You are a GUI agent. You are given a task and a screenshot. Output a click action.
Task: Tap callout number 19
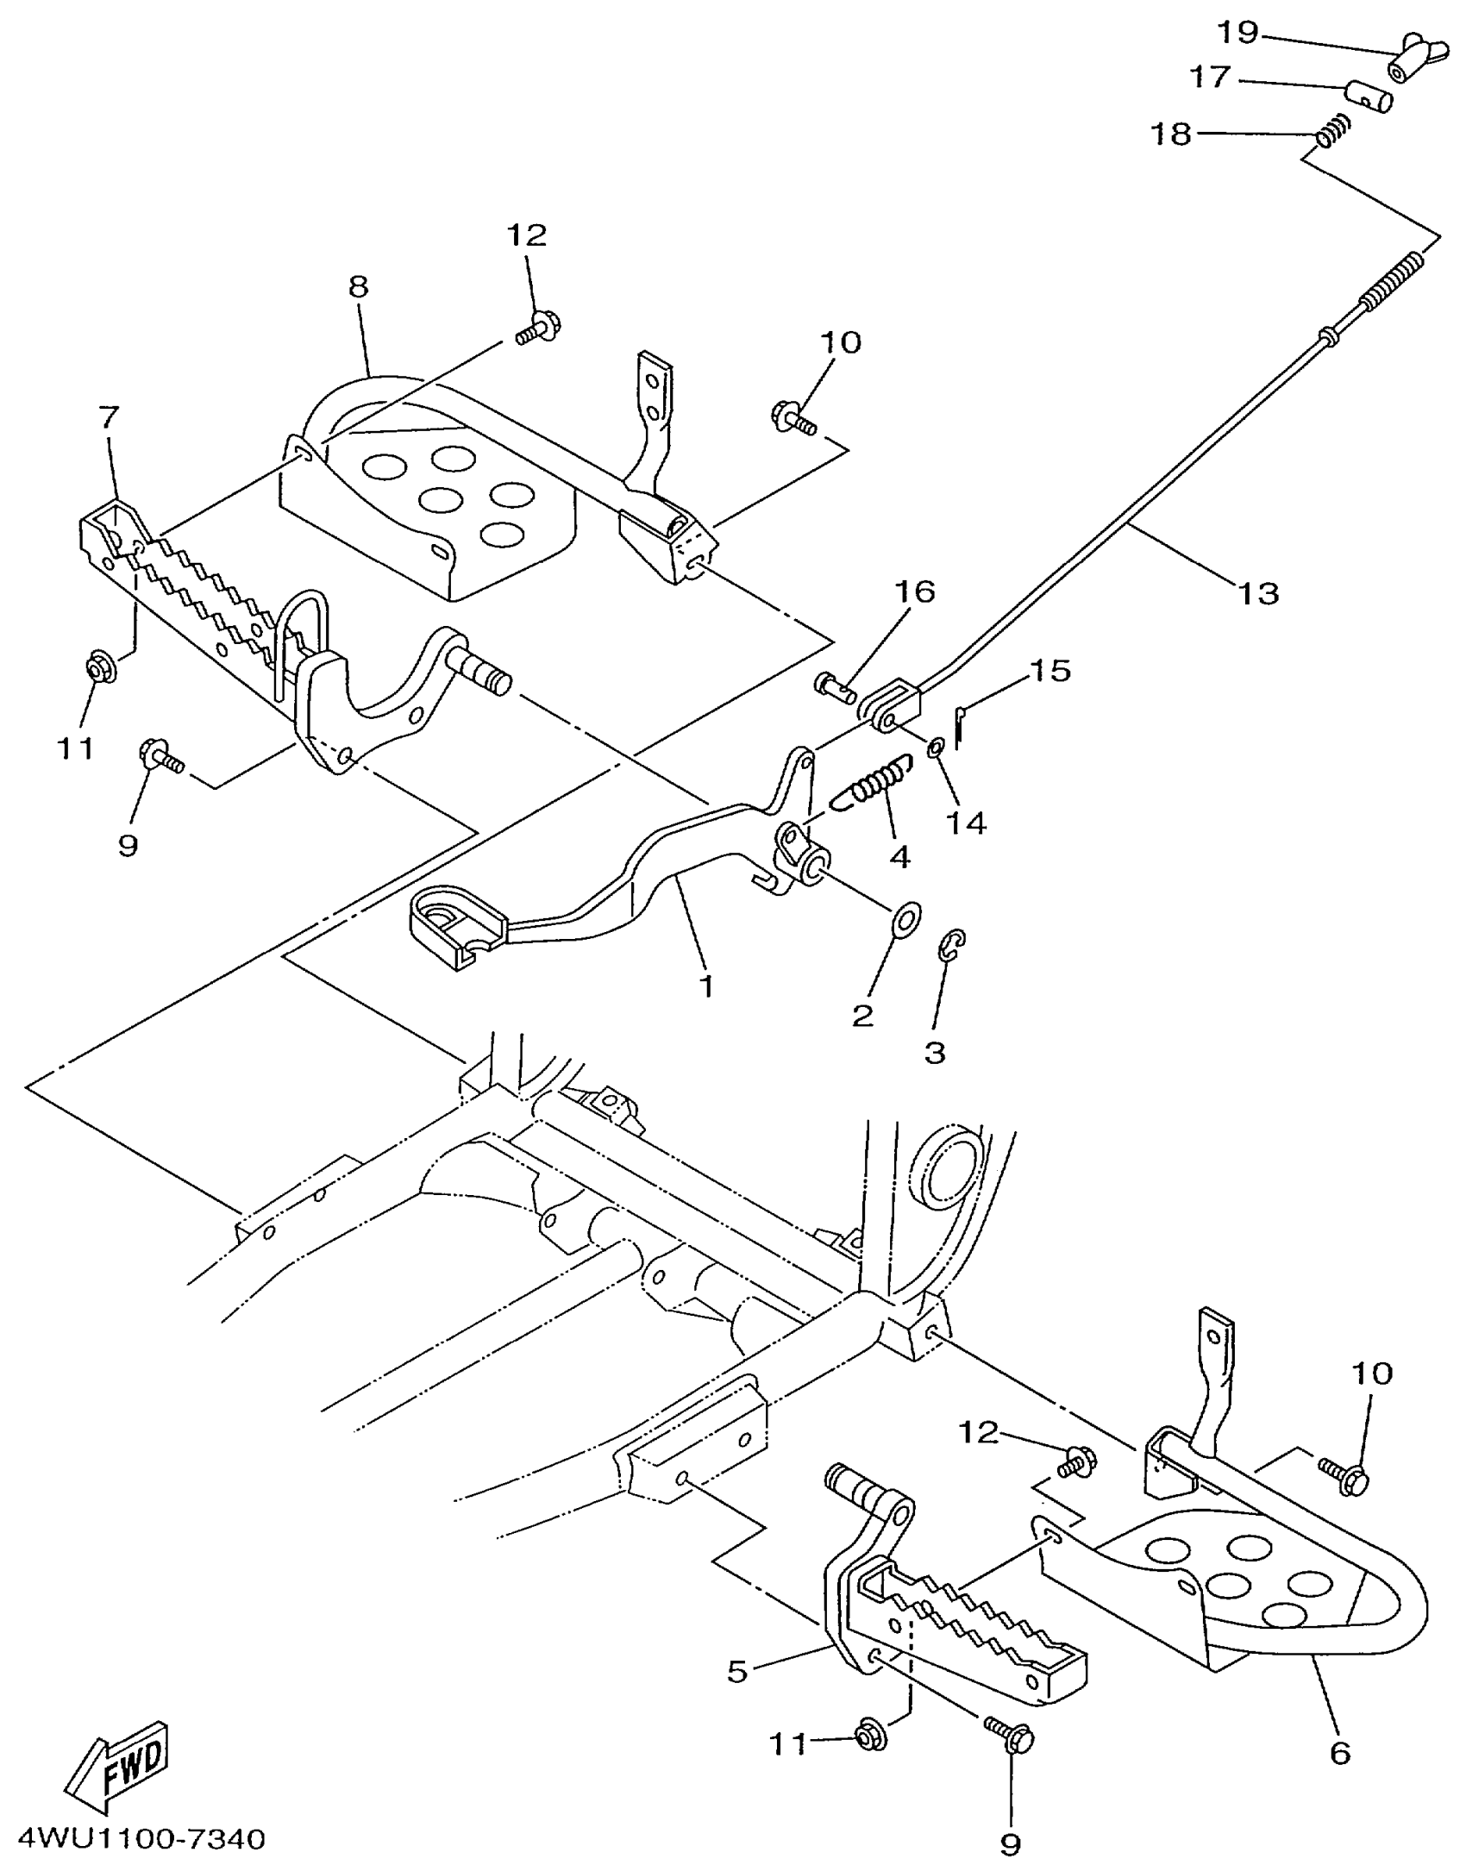[x=1237, y=33]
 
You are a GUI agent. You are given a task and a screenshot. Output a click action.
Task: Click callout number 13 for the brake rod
[x=1258, y=593]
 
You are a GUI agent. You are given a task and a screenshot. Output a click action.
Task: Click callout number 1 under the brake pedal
[x=706, y=986]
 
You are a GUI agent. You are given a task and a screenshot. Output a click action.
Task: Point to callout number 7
[x=109, y=418]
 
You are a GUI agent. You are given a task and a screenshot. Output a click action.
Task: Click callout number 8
[x=359, y=287]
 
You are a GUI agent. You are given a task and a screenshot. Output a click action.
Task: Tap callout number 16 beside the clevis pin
[x=914, y=591]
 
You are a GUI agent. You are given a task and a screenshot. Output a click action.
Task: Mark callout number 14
[x=966, y=823]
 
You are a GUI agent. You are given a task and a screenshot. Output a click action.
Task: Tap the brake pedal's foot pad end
[x=455, y=925]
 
